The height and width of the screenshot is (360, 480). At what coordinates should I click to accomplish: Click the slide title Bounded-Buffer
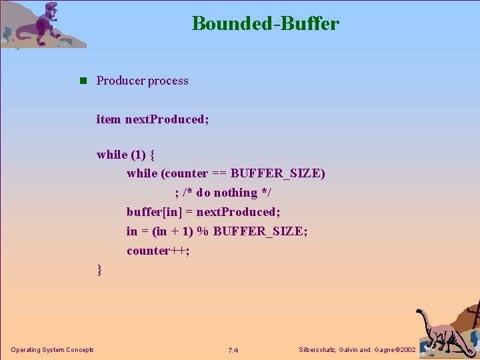click(x=265, y=24)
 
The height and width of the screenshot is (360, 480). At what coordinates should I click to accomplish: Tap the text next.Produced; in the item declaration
click(x=167, y=119)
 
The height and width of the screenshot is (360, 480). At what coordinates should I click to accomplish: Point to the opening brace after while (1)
click(x=153, y=155)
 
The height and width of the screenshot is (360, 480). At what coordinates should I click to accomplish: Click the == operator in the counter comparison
click(x=219, y=173)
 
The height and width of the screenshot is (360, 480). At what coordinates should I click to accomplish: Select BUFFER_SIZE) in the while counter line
click(x=278, y=173)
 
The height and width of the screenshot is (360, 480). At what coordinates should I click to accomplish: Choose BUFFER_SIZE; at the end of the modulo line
click(x=261, y=231)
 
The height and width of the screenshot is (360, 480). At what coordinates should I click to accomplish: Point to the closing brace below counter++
click(x=99, y=269)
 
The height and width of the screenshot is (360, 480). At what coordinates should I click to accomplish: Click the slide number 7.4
click(x=233, y=350)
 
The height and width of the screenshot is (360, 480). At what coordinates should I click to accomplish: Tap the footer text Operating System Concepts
click(x=52, y=350)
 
